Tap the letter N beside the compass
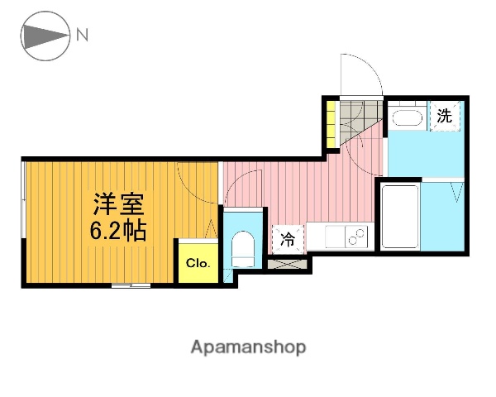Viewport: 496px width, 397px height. pos(82,35)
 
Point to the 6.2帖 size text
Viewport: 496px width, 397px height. pos(117,229)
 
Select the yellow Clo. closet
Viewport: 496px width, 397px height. pos(198,264)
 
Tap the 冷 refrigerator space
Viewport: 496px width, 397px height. pos(288,240)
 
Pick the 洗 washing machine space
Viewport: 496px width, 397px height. pos(445,116)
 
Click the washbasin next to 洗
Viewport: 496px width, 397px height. pos(406,117)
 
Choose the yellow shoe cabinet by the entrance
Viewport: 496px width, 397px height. pos(331,124)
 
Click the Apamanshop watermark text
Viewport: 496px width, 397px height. pos(248,347)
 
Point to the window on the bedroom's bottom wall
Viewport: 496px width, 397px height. pos(131,285)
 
